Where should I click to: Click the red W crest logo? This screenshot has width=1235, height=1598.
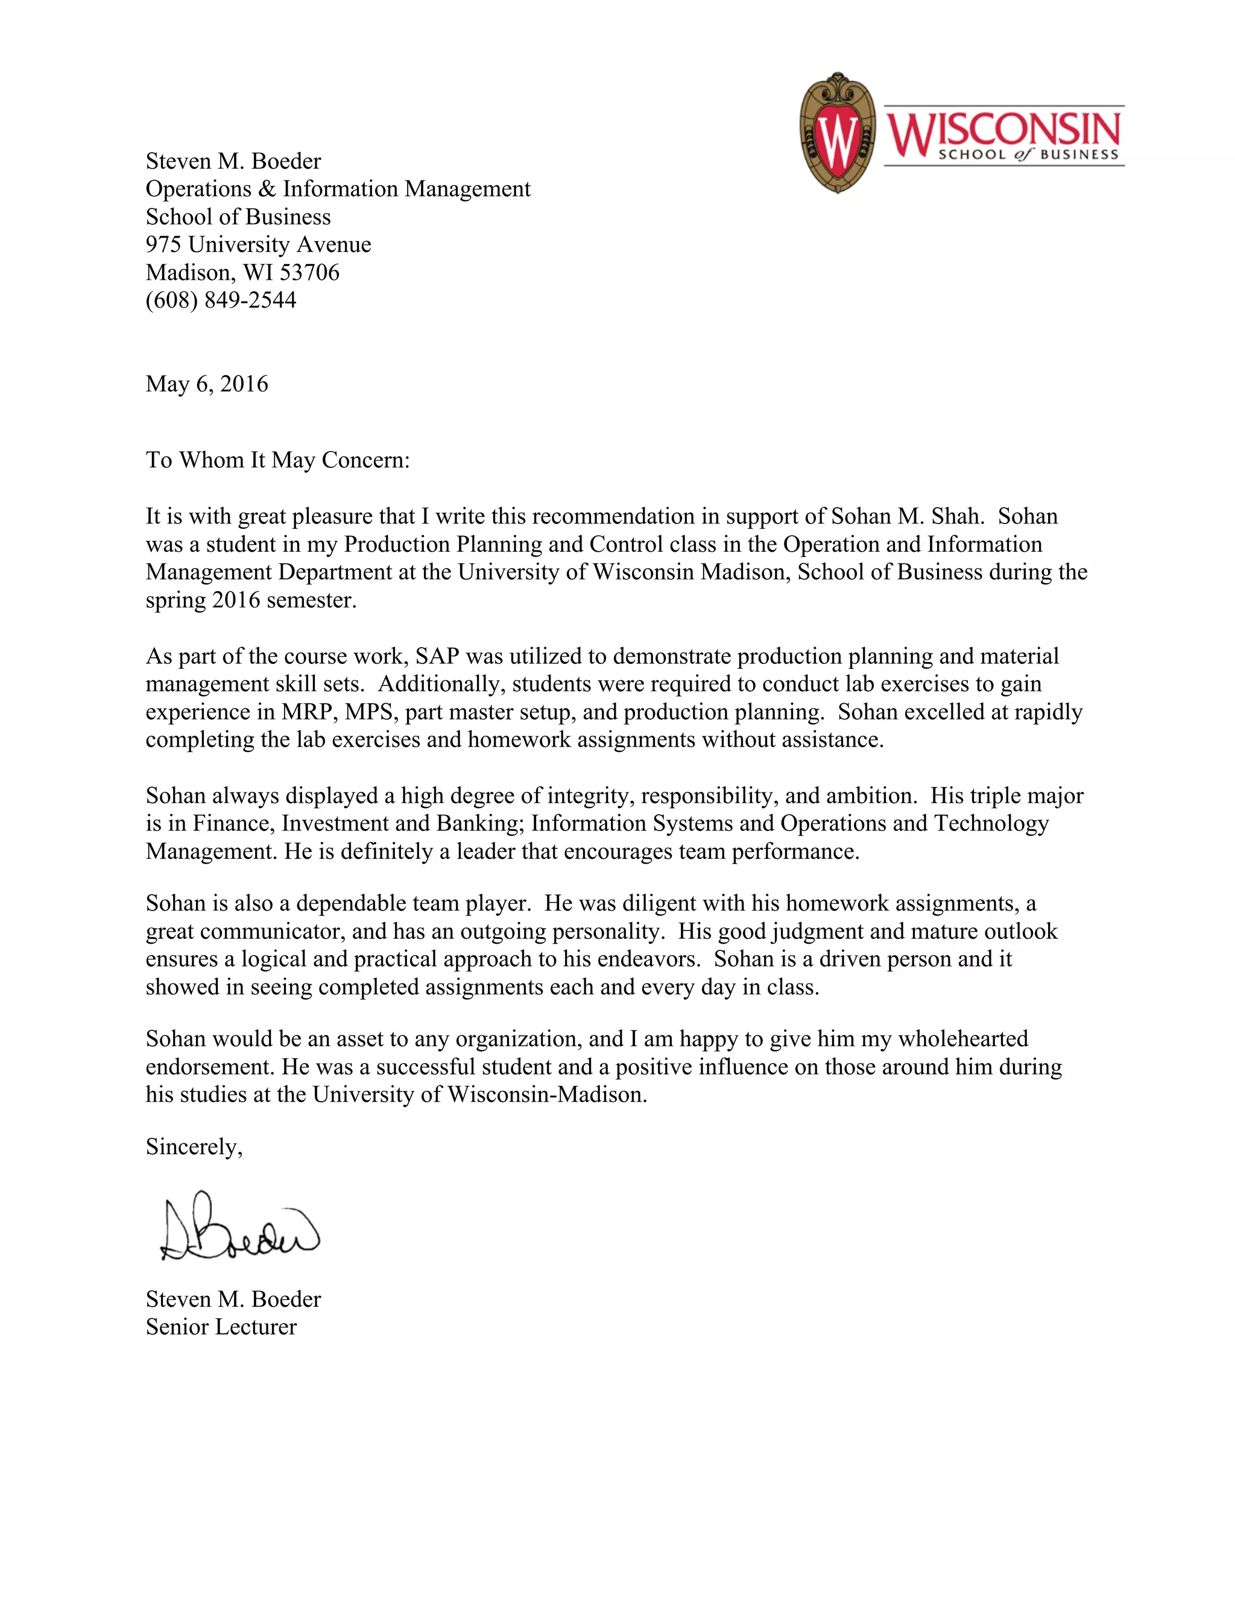[x=837, y=134]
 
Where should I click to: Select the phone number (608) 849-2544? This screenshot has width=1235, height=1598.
[x=221, y=300]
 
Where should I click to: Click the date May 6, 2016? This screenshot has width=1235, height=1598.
[x=207, y=384]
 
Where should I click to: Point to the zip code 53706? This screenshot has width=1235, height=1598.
[x=309, y=272]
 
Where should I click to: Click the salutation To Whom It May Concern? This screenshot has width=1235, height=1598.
[x=277, y=460]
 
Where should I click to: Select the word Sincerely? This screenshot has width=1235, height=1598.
[x=193, y=1146]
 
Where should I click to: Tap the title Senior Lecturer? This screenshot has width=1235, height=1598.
[x=221, y=1327]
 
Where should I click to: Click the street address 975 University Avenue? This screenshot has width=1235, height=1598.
[x=258, y=244]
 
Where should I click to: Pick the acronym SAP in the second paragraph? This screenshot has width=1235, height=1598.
[x=437, y=656]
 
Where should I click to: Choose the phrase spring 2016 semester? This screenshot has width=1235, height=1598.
[x=250, y=600]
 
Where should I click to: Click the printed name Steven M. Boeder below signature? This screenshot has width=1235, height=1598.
[x=233, y=1299]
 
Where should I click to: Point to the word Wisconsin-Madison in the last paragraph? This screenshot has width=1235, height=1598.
[x=546, y=1094]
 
